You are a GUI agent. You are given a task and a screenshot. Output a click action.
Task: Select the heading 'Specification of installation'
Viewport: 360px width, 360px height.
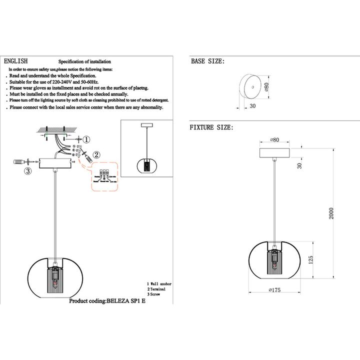tap(84, 61)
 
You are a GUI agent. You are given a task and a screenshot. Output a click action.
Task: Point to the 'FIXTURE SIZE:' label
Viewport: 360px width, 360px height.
tap(211, 128)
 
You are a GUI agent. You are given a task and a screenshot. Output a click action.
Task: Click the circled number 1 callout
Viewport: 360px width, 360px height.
tap(86, 140)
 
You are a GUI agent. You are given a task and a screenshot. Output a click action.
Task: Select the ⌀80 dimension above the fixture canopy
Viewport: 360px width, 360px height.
tap(274, 140)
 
